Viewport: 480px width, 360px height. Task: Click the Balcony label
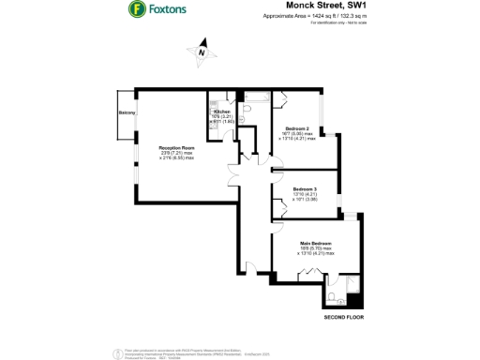127,114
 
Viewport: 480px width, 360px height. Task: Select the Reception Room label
176,148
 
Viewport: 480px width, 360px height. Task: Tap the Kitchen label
221,112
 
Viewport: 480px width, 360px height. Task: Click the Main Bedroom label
315,243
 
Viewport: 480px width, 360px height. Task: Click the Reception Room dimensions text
176,156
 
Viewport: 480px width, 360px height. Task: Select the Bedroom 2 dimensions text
297,137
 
